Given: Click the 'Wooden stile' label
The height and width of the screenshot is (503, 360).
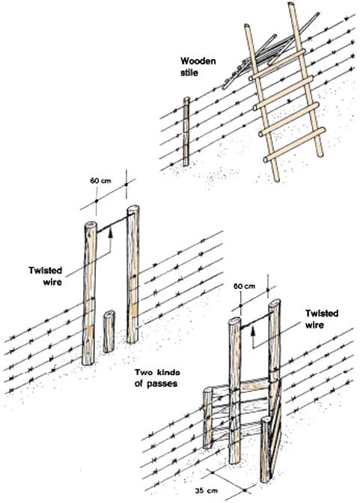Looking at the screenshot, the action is [198, 67].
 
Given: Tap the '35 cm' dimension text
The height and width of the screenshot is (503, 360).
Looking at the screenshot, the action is [206, 490].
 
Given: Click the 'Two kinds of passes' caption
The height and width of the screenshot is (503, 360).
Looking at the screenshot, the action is [157, 377].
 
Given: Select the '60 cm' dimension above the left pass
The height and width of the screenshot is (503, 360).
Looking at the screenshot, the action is [100, 181].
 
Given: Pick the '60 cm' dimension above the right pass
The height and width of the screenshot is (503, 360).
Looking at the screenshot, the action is [244, 286].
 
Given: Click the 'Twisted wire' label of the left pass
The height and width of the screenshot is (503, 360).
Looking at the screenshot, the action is [46, 276].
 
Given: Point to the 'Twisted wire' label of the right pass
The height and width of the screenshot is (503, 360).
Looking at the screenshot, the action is [322, 319].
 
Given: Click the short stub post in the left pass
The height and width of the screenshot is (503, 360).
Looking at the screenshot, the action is [109, 332].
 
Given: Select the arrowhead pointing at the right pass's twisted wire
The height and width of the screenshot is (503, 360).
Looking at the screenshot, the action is [253, 330].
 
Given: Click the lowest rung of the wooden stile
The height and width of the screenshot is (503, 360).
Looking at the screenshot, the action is [294, 144].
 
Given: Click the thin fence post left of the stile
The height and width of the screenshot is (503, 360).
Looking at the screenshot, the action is [186, 132].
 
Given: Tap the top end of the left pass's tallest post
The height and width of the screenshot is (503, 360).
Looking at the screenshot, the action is [133, 210].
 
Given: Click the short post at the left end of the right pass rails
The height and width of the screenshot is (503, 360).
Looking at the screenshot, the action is [208, 418].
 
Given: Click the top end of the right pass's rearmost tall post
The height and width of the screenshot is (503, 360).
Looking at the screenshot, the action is [275, 303].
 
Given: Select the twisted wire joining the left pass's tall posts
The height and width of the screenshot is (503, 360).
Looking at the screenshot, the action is [112, 225].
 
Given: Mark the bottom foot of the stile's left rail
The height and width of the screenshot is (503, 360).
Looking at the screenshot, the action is [276, 178].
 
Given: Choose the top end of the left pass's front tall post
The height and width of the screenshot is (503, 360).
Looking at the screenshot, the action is [91, 225].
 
